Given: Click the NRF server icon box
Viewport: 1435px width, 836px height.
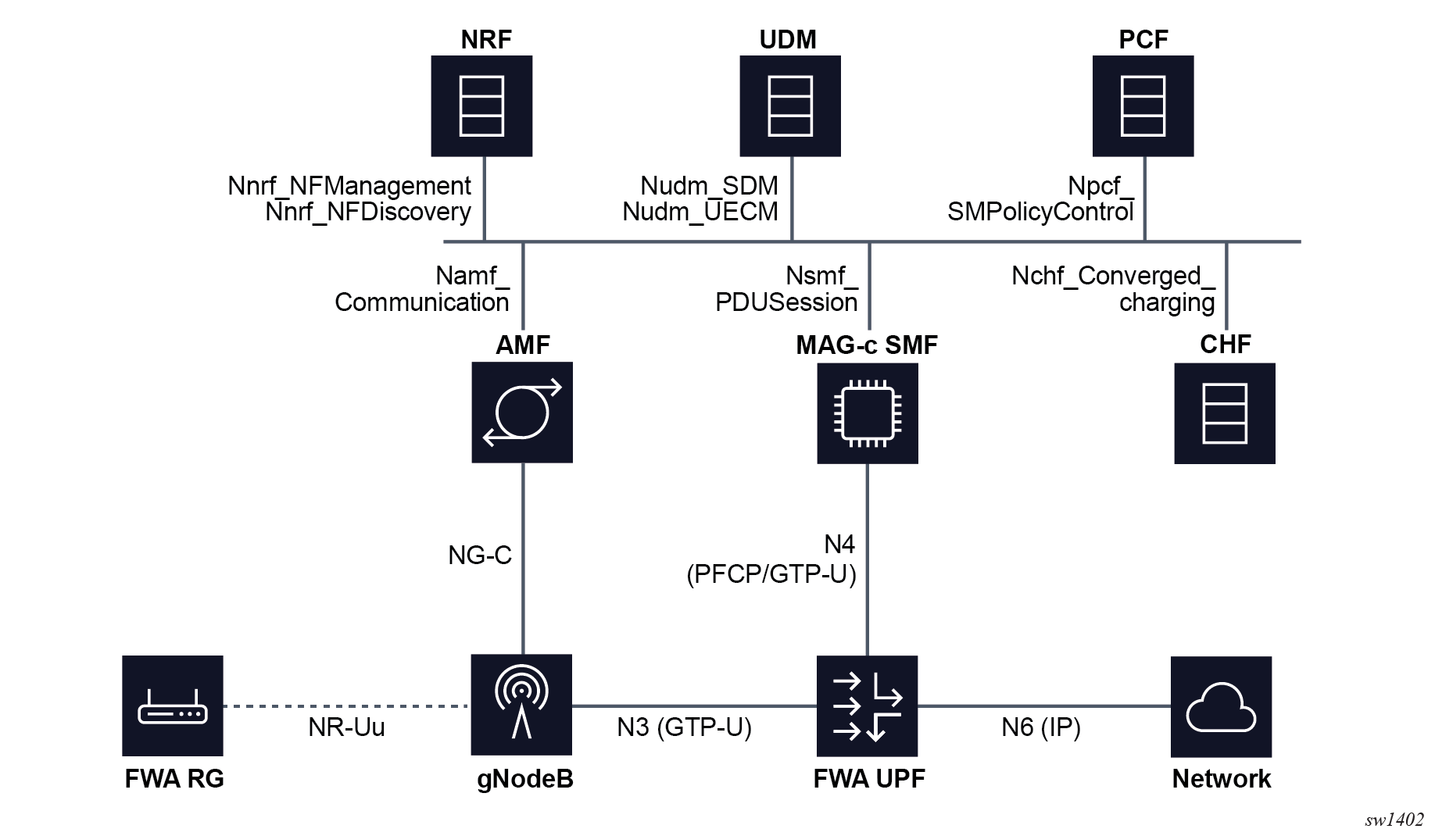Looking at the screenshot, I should pos(481,105).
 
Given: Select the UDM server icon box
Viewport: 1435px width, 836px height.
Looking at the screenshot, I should pos(790,105).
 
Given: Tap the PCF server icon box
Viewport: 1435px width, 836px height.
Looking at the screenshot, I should pos(1143,105).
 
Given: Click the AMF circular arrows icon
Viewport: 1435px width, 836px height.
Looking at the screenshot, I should pos(522,412).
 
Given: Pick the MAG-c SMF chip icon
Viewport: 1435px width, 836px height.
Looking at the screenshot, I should pos(868,413).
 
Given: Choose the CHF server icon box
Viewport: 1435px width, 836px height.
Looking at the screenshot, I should pos(1225,413).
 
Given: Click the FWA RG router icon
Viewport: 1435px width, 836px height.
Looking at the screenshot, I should pos(173,706).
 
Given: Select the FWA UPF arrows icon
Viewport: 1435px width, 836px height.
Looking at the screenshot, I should pos(868,706).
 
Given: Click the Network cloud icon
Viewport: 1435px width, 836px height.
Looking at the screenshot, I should pos(1221,706).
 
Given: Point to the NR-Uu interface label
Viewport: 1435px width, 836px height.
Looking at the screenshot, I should pos(346,727).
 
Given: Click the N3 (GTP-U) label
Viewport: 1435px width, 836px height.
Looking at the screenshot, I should pos(684,727).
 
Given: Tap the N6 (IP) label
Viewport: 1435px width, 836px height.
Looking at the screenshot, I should pos(1041,727).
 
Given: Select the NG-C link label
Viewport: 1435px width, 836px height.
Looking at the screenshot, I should pos(480,555).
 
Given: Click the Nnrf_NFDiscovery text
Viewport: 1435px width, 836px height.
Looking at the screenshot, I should pos(368,212).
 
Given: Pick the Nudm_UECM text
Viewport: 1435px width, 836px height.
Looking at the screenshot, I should pos(700,212).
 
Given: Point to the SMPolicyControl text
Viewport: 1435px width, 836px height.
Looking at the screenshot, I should pos(1040,212).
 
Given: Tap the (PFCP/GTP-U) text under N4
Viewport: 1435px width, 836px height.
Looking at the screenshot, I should pos(771,574).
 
